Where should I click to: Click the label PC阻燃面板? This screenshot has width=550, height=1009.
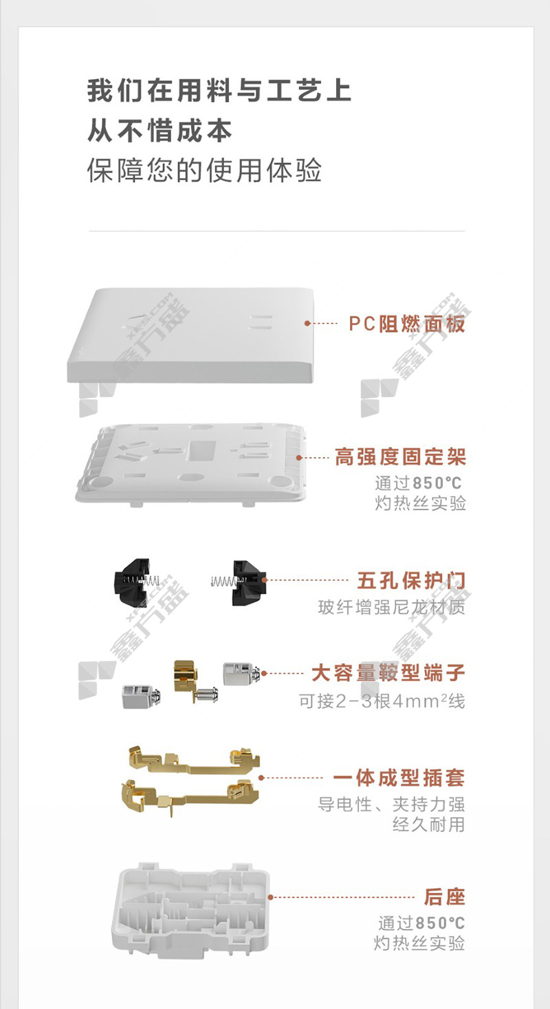407,323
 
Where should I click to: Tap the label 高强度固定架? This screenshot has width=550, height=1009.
400,456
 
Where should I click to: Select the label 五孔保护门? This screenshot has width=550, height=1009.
411,581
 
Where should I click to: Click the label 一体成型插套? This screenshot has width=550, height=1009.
399,778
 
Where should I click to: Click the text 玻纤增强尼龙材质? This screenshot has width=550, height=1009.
391,608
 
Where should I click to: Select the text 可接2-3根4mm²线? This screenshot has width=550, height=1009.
382,701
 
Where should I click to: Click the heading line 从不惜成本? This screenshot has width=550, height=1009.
159,131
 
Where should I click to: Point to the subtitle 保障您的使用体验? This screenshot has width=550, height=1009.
204,170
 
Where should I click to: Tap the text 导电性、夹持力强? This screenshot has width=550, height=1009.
391,803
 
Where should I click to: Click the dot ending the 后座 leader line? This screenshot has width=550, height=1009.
271,898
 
